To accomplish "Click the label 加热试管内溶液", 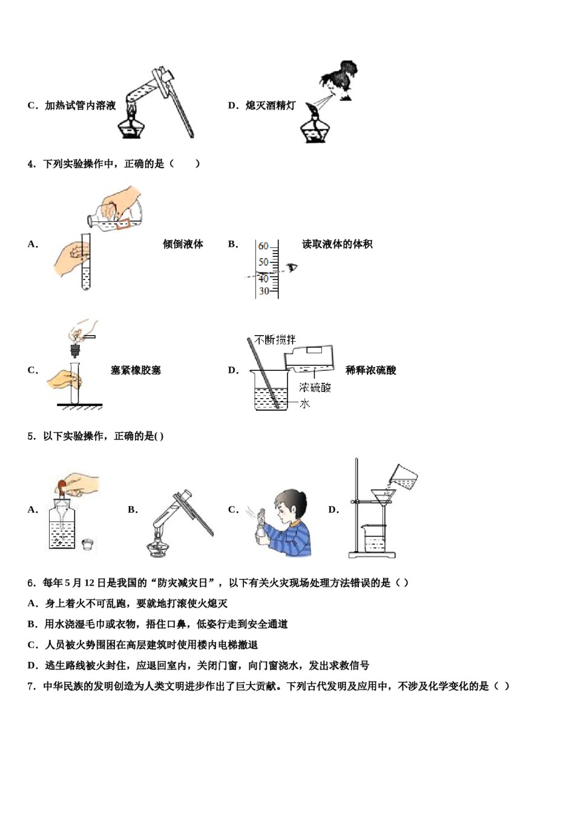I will click(x=80, y=106).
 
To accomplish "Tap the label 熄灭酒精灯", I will click(x=271, y=106).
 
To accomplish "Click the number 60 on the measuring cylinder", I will click(x=263, y=246).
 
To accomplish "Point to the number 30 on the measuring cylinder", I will click(x=264, y=291).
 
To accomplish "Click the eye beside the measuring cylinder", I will click(x=293, y=267).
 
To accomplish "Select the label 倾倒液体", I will click(x=183, y=244).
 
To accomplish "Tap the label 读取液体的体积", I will click(x=337, y=244).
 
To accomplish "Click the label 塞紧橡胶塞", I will click(x=136, y=370).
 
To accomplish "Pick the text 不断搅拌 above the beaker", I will click(x=275, y=340).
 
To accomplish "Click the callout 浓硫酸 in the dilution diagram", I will click(x=315, y=387).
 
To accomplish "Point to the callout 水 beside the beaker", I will click(x=304, y=403).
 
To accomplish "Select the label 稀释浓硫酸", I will click(x=370, y=370).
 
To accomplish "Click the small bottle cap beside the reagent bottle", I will click(x=88, y=545).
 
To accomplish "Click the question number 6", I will click(x=31, y=583).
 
